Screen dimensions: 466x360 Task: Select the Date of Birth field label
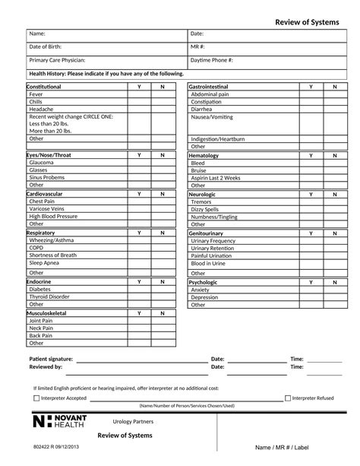click(x=46, y=47)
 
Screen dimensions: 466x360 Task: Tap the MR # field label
click(x=198, y=47)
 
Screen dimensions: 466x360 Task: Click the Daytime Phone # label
click(x=212, y=60)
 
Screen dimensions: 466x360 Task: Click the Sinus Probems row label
click(x=47, y=177)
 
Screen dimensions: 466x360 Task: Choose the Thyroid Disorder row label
click(x=49, y=297)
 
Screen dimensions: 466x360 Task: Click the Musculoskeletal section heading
click(x=47, y=313)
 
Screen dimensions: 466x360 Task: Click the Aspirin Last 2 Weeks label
click(x=216, y=177)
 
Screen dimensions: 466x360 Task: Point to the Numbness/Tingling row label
click(x=216, y=217)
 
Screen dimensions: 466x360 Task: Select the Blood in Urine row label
click(x=208, y=263)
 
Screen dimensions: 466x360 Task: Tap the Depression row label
click(x=205, y=297)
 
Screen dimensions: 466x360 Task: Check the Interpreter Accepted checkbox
click(x=36, y=398)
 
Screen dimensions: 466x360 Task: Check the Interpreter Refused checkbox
click(x=288, y=398)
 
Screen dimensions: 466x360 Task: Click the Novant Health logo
click(x=61, y=422)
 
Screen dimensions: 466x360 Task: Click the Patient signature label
click(x=51, y=359)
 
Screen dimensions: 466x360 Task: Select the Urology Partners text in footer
click(x=134, y=420)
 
